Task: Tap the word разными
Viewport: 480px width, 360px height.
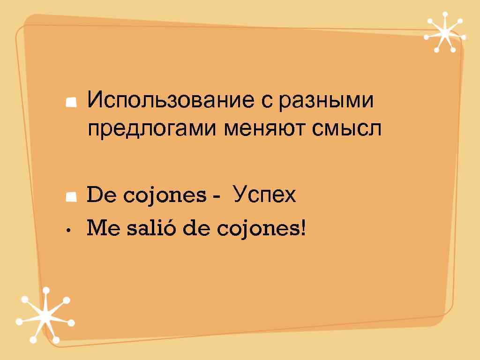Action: tap(326, 101)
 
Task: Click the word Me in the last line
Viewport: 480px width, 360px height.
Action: tap(100, 229)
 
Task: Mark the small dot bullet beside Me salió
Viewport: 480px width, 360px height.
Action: tap(68, 231)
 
